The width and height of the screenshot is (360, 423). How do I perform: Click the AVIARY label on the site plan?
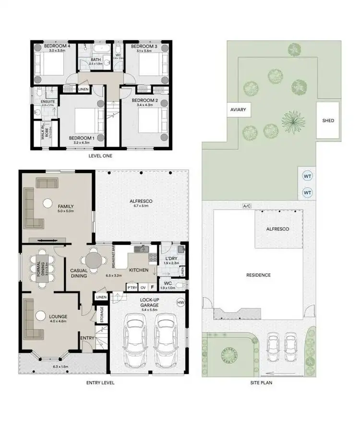[x=238, y=110]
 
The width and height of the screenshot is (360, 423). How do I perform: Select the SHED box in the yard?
[x=328, y=120]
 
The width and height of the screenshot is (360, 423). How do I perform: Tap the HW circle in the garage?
[x=180, y=302]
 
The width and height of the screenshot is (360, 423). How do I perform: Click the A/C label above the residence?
[x=247, y=206]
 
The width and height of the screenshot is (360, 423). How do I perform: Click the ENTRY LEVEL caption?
[x=100, y=383]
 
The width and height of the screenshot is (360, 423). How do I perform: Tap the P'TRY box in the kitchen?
[x=132, y=287]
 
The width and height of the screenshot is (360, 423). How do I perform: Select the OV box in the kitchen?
[x=143, y=287]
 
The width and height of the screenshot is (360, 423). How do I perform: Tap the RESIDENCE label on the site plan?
[x=258, y=275]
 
